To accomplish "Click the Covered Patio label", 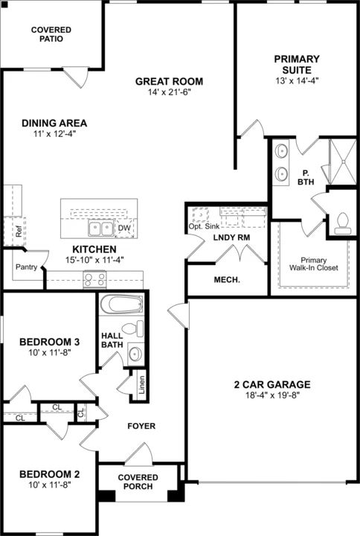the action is (51, 34).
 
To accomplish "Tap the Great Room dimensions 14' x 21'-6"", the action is (169, 92).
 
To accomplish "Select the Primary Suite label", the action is (297, 64).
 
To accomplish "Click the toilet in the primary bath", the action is (342, 223).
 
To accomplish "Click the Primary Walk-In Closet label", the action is (314, 264).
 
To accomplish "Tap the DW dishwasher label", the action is (124, 229).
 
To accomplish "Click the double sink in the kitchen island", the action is (100, 229).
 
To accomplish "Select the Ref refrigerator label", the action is (19, 232).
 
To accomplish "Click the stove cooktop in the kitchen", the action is (94, 279).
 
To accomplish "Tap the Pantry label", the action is (26, 267).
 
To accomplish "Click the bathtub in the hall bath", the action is (121, 304).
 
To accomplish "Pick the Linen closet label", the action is (142, 384).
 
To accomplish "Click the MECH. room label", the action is (227, 280).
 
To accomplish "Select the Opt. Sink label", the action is (205, 226).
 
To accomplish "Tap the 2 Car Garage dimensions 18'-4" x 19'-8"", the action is (272, 395).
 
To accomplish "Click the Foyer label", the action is (141, 426).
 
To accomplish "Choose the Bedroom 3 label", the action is (50, 342).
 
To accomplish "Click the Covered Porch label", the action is (138, 482).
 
